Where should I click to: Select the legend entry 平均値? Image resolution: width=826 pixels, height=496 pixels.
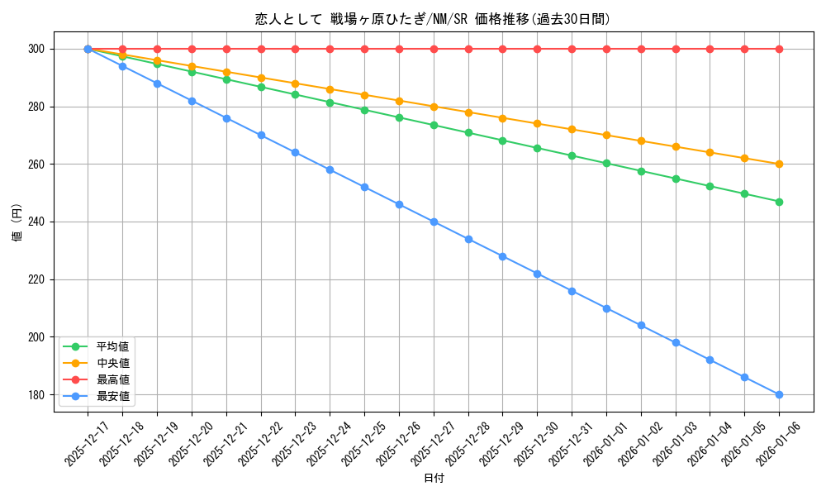pyautogui.click(x=112, y=346)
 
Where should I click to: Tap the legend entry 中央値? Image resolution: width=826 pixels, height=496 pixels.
pyautogui.click(x=112, y=363)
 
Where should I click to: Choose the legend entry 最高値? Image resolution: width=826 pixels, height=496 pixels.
pyautogui.click(x=112, y=379)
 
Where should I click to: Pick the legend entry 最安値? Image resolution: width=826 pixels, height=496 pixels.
pyautogui.click(x=112, y=396)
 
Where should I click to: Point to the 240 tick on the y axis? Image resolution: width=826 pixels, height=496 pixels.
pyautogui.click(x=38, y=222)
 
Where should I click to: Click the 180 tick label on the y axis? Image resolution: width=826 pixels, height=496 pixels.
pyautogui.click(x=38, y=394)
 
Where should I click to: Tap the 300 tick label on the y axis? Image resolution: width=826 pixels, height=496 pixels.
pyautogui.click(x=38, y=49)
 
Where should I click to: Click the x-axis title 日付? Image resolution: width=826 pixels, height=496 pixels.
pyautogui.click(x=434, y=479)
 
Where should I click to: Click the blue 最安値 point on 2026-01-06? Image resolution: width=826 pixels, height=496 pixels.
pyautogui.click(x=779, y=394)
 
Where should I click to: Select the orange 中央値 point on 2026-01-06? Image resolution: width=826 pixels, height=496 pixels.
pyautogui.click(x=779, y=164)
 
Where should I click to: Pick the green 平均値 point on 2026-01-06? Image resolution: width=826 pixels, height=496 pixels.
pyautogui.click(x=779, y=202)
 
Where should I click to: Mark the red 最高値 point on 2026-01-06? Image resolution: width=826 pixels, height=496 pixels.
pyautogui.click(x=779, y=49)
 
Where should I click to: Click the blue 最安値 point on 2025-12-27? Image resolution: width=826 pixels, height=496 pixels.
pyautogui.click(x=434, y=222)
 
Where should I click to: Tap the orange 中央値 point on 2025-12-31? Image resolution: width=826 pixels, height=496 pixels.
pyautogui.click(x=572, y=130)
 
